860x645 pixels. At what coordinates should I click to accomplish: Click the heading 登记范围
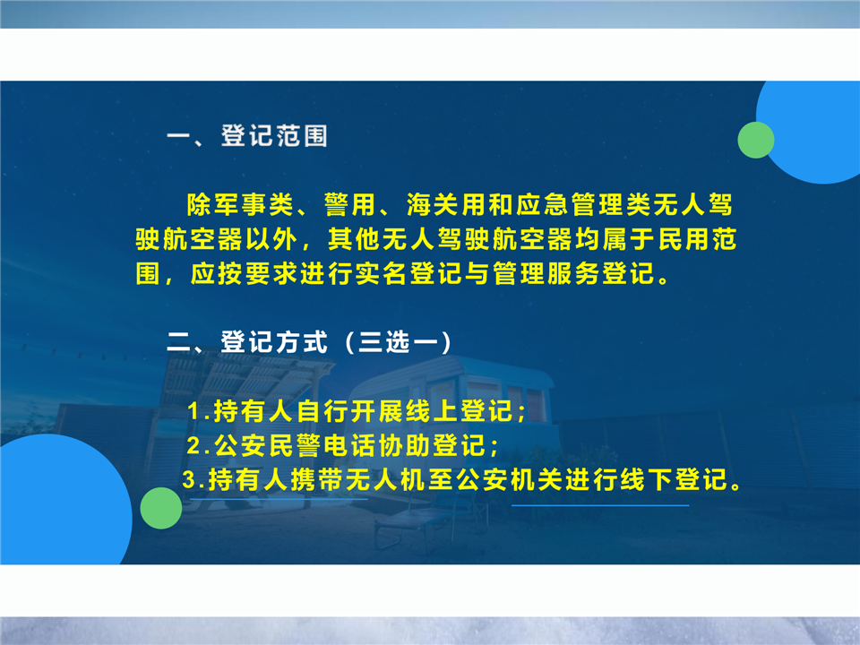pos(274,135)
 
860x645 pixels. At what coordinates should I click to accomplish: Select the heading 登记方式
pos(274,342)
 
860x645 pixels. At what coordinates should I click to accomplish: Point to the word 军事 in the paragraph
pos(240,204)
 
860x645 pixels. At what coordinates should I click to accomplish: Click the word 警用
pos(350,204)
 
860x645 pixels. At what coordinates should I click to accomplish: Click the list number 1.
pos(194,411)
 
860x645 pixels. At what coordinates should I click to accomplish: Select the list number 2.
pos(194,446)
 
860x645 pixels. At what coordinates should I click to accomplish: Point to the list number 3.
pos(190,480)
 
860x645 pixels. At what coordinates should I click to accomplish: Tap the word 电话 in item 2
pos(350,446)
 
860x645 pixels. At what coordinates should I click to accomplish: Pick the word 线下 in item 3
pos(647,480)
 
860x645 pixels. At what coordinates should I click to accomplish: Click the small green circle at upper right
pos(756,140)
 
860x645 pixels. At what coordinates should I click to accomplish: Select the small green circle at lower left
pos(161,508)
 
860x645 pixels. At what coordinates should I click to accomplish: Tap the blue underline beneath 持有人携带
pos(279,499)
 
